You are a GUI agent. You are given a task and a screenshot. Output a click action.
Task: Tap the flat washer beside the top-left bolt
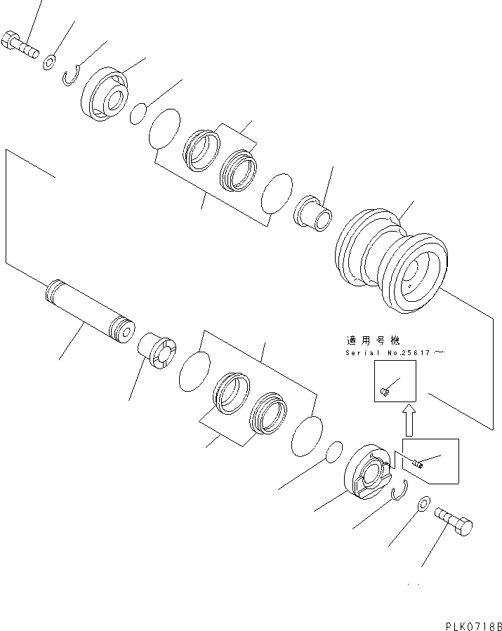[x=48, y=62]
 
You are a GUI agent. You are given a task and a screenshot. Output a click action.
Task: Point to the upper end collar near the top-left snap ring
[x=107, y=96]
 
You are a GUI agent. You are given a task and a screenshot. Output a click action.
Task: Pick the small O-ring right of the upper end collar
[x=139, y=113]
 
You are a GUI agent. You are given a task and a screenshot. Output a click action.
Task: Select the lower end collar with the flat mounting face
[x=366, y=474]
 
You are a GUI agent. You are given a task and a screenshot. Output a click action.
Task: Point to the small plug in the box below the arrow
[x=417, y=462]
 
